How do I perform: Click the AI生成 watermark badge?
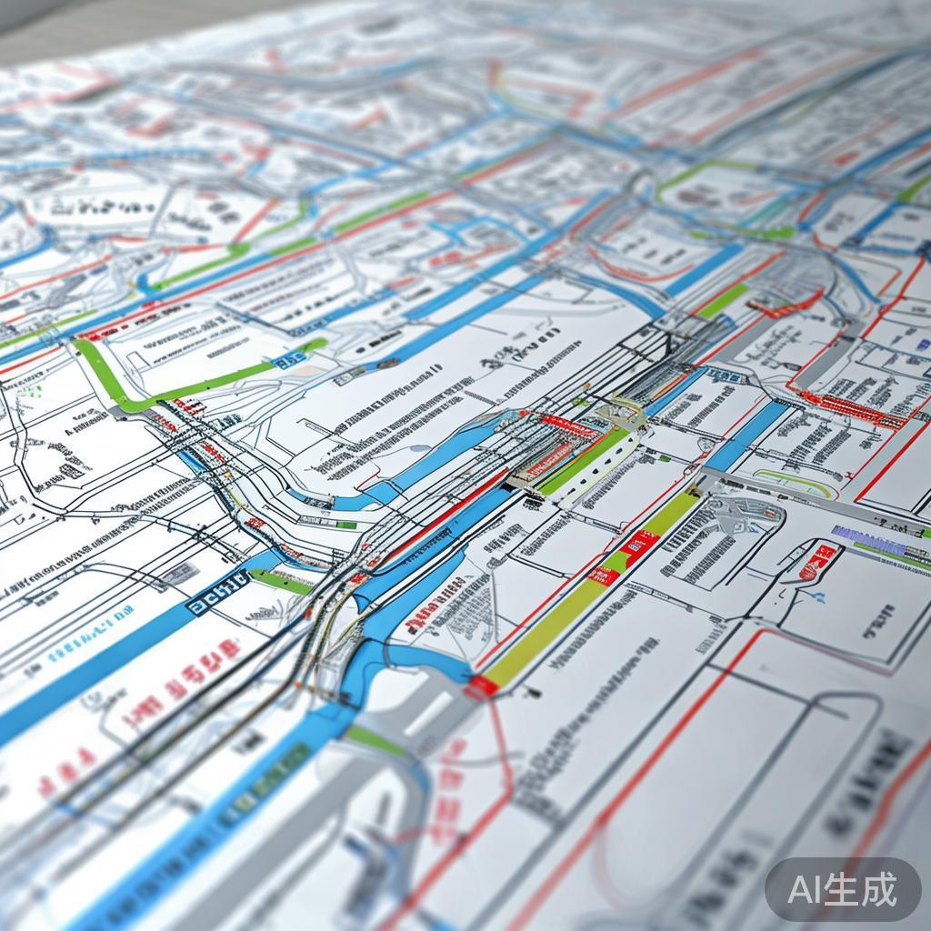[x=843, y=888]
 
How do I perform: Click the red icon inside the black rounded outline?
[x=818, y=559]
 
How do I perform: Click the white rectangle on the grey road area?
[x=427, y=715]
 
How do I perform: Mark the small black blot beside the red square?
[x=533, y=693]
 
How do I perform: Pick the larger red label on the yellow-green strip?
[x=639, y=546]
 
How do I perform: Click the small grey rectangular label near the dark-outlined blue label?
[x=178, y=573]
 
